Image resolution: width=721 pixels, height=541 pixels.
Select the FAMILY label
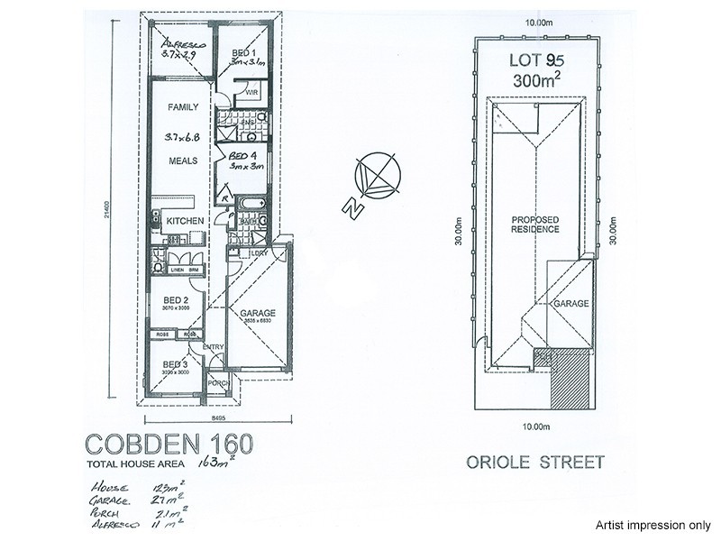(183, 107)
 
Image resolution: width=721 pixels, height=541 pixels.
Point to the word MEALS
(183, 162)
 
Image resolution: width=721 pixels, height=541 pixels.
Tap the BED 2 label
(175, 300)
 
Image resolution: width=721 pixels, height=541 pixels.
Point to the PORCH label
(216, 382)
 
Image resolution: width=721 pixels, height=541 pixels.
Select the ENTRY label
(213, 346)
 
